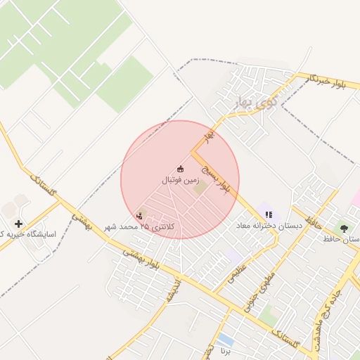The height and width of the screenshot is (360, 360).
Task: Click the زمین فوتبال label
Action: [180, 181]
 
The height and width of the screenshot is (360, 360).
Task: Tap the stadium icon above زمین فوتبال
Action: [180, 169]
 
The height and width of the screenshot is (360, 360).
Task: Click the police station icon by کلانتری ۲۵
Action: [139, 216]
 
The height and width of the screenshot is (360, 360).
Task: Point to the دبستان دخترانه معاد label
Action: [271, 226]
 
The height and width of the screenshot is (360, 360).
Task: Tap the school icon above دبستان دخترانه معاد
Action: [269, 214]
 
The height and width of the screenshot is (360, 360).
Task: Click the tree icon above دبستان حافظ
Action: [344, 228]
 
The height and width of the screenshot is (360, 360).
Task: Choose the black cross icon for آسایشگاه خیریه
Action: [18, 224]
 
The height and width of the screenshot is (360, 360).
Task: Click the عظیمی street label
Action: [238, 270]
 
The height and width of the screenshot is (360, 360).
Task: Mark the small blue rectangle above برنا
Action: [225, 340]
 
